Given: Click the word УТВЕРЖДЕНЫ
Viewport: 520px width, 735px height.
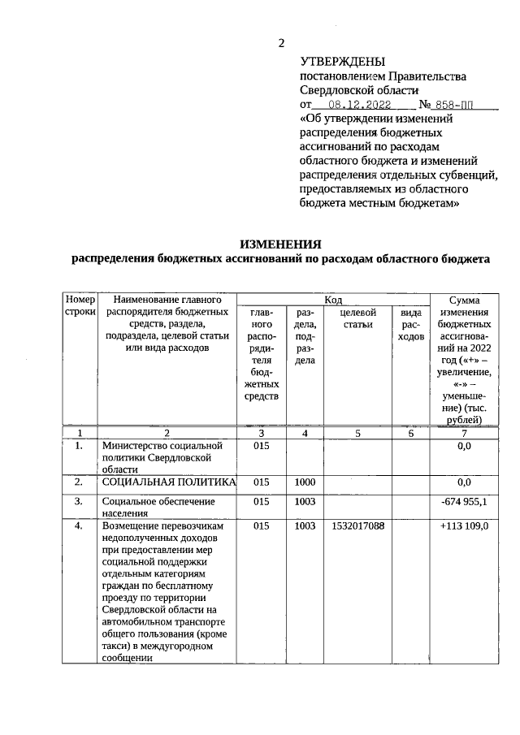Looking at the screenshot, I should tap(344, 61).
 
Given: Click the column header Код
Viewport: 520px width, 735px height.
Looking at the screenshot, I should tap(333, 300).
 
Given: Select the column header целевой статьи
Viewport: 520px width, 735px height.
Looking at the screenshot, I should tap(357, 318).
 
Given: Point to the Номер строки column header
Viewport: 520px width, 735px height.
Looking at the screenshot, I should tap(80, 306).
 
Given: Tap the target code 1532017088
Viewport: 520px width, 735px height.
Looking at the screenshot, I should tap(358, 526).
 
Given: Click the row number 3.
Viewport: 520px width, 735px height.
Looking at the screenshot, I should tap(80, 501).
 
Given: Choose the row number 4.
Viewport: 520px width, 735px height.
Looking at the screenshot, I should tap(80, 526).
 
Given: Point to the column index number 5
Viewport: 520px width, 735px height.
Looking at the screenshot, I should tap(358, 433).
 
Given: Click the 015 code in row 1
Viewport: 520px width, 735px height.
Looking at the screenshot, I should tap(262, 446).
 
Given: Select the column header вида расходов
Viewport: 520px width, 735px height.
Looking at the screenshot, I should tap(411, 324).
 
